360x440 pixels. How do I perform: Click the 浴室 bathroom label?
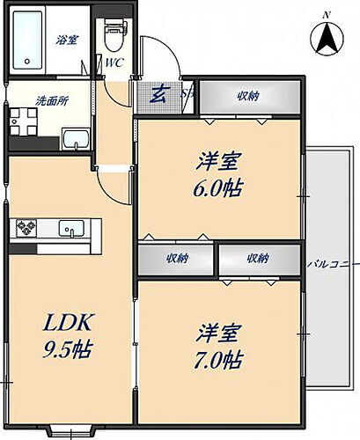[67, 40]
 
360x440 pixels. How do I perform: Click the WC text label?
[114, 63]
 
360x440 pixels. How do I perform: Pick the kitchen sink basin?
[69, 230]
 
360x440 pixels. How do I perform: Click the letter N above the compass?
[326, 14]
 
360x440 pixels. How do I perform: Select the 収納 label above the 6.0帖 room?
[249, 97]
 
